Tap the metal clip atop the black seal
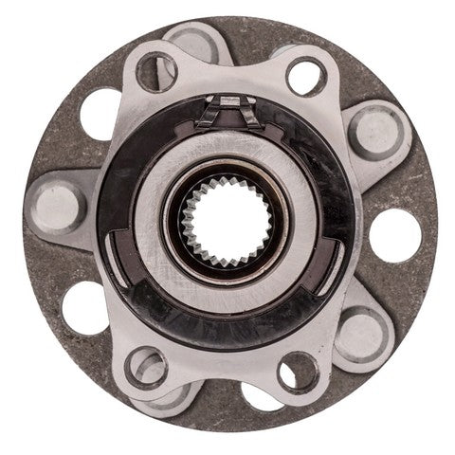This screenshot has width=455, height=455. [228, 109]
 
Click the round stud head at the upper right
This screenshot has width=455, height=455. [371, 132]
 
